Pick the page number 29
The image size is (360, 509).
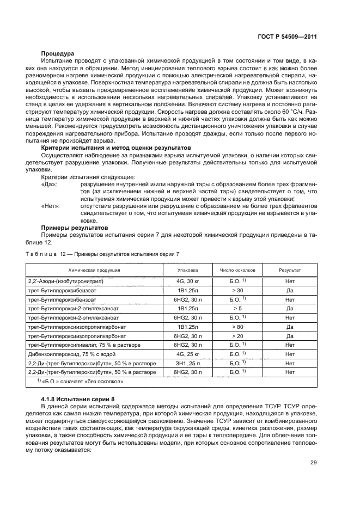coord(313,463)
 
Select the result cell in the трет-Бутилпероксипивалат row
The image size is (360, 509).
coord(290,345)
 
